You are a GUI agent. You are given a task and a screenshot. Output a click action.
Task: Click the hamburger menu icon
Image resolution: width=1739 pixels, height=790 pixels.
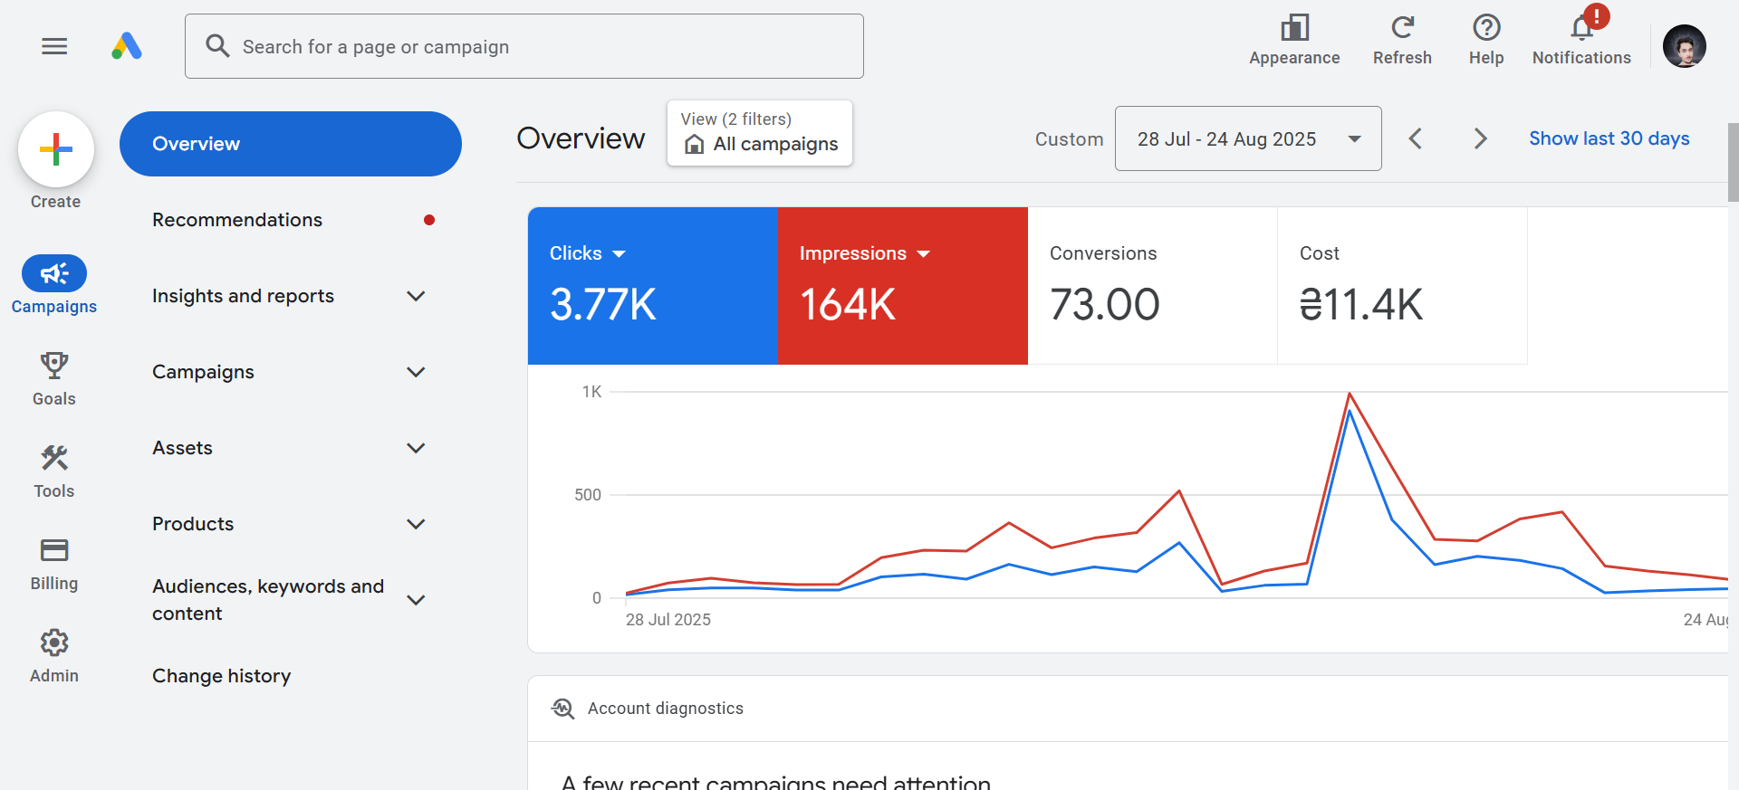tap(54, 46)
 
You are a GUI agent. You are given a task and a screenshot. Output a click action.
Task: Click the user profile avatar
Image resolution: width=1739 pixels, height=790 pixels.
tap(1684, 46)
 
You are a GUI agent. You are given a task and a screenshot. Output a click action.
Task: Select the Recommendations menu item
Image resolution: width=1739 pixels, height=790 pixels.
tap(237, 220)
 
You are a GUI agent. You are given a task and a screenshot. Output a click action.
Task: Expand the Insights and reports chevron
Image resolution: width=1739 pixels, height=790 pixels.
tap(416, 296)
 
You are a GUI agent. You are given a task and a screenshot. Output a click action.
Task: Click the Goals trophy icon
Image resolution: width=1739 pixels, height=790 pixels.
tap(54, 366)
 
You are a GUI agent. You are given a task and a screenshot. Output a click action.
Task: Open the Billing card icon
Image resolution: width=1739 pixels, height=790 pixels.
tap(54, 550)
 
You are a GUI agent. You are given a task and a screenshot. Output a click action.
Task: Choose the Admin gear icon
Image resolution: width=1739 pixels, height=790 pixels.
tap(54, 642)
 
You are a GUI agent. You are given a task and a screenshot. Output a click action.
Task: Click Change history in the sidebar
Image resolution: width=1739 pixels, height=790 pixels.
tap(222, 676)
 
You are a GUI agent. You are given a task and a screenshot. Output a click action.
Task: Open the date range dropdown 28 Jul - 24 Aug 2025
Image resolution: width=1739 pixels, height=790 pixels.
tap(1247, 138)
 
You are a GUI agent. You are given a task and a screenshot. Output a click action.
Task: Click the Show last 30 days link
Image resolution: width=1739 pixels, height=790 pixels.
tap(1609, 138)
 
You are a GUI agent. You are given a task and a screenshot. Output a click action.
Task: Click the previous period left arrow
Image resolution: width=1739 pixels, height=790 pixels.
tap(1416, 138)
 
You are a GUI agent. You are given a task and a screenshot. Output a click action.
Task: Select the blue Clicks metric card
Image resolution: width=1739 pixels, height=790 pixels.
tap(652, 286)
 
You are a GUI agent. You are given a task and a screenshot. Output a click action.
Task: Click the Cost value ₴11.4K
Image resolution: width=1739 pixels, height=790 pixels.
tap(1360, 305)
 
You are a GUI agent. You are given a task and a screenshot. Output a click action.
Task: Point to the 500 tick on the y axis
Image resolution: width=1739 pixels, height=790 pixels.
tap(588, 495)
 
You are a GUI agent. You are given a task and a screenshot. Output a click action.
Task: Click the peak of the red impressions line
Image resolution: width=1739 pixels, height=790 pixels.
tap(1350, 394)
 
